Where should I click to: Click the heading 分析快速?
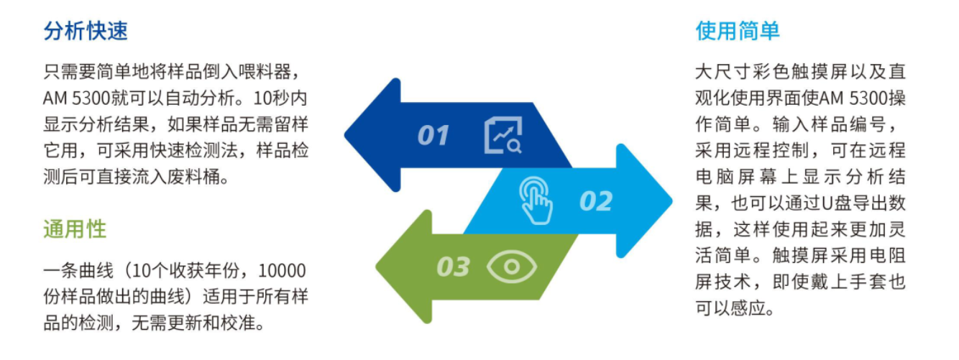click(86, 32)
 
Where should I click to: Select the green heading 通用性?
click(75, 229)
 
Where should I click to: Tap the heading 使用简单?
click(738, 32)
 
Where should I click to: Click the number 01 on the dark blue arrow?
click(433, 135)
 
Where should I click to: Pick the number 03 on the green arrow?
click(453, 267)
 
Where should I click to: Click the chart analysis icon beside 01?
click(504, 135)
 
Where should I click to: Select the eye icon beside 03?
click(512, 267)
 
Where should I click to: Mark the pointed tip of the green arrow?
click(380, 267)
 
